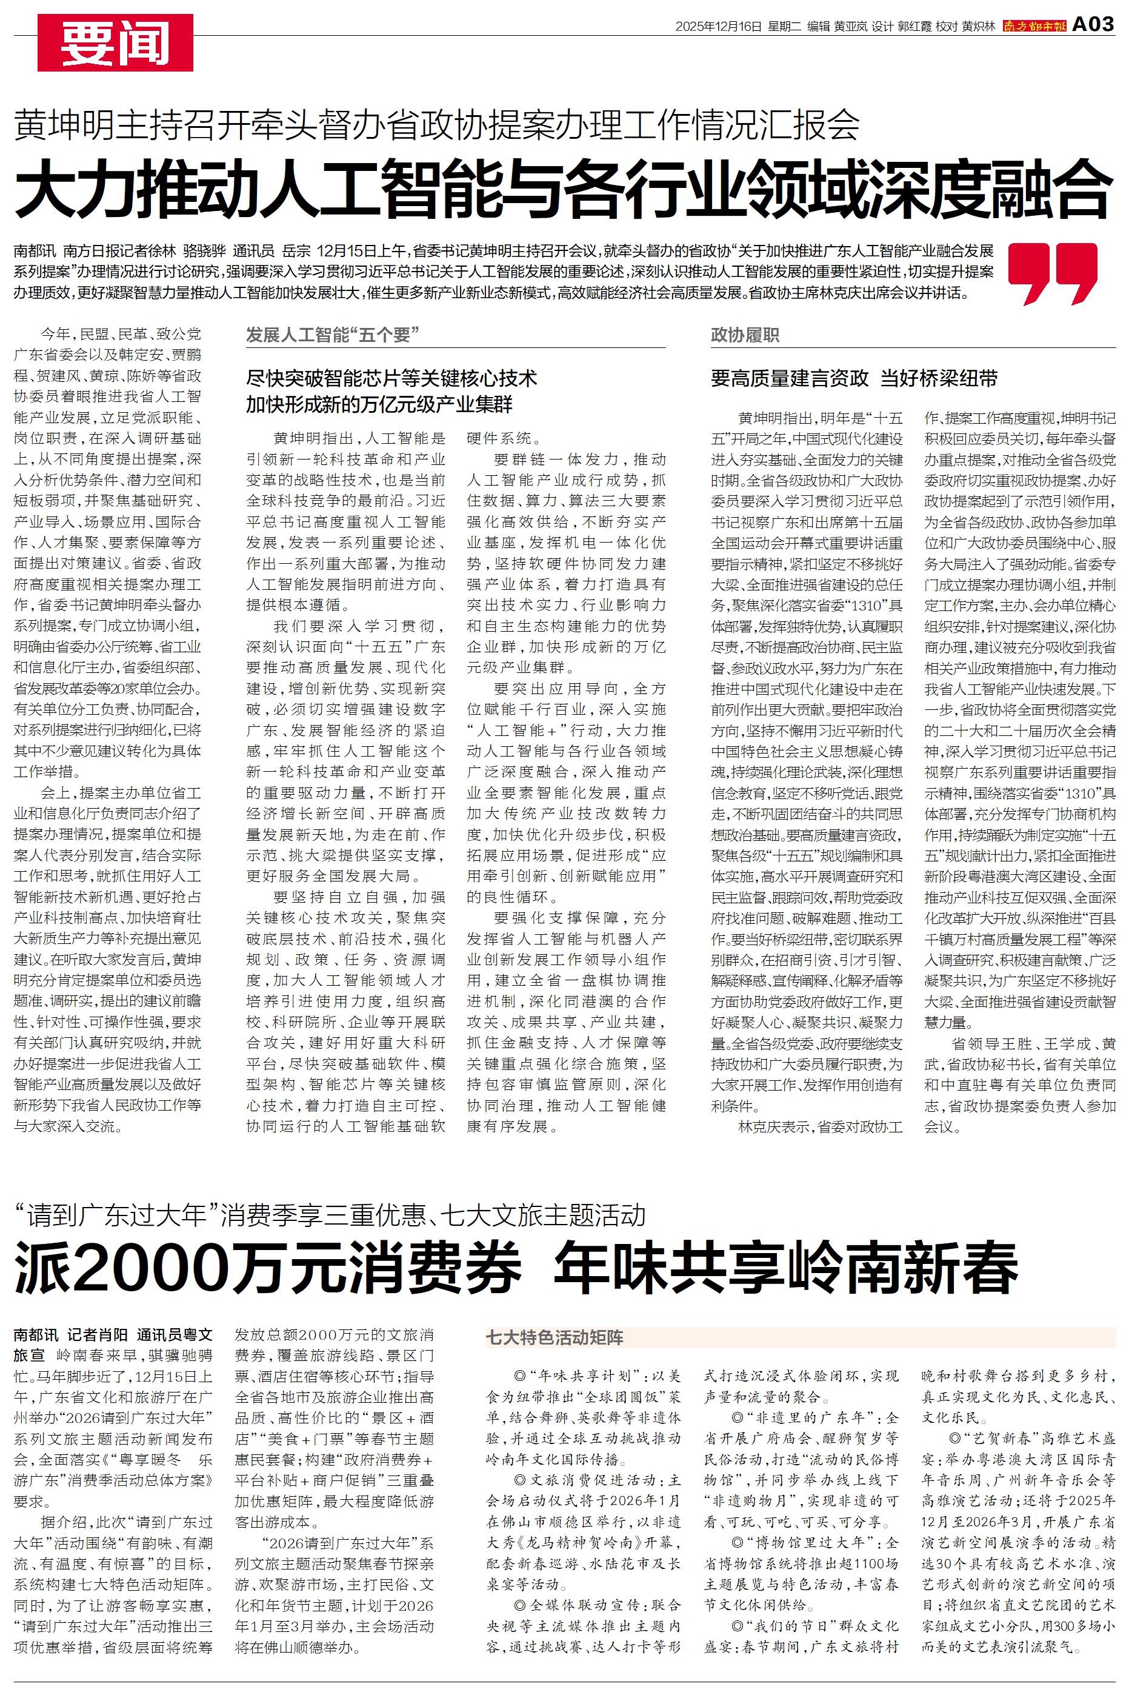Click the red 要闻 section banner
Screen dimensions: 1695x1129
coord(115,43)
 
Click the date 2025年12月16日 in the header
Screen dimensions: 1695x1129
coord(718,27)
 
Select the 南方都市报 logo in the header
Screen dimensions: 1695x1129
coord(1034,27)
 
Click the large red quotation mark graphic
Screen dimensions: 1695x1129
coord(1052,273)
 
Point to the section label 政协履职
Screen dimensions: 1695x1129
coord(745,335)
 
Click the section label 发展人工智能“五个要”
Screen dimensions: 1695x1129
coord(333,335)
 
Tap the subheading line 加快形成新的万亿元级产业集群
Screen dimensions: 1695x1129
coord(379,405)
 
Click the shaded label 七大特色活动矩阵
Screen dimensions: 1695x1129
coord(555,1338)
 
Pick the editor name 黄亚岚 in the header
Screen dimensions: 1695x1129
coord(851,27)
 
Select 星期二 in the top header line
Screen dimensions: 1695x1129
coord(784,27)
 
